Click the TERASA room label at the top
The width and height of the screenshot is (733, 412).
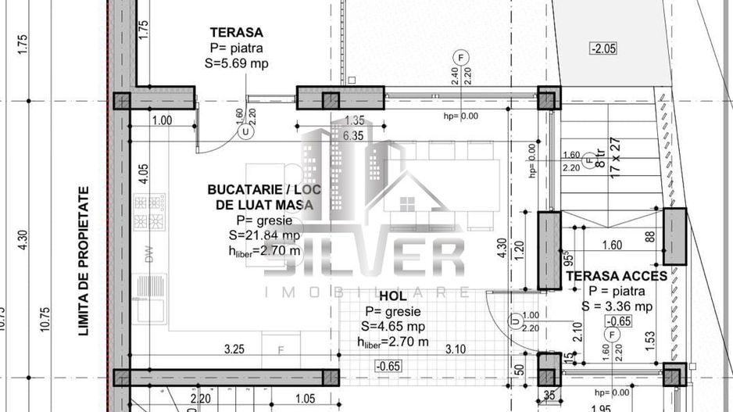tap(236, 32)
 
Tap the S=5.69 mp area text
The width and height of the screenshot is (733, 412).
tap(237, 63)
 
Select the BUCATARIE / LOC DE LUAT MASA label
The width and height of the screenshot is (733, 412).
tap(260, 197)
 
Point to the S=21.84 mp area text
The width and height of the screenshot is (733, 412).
tap(264, 235)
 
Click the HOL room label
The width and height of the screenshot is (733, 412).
tap(392, 297)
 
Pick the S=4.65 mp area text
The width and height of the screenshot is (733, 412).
tap(392, 326)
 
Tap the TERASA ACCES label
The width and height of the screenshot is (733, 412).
tap(617, 276)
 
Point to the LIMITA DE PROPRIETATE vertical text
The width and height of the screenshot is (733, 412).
tap(83, 260)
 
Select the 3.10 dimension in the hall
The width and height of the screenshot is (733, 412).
tap(457, 349)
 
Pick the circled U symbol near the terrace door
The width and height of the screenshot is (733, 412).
tap(247, 132)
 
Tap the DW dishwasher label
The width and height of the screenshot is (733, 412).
tap(148, 252)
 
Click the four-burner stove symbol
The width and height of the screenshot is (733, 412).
tap(150, 212)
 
